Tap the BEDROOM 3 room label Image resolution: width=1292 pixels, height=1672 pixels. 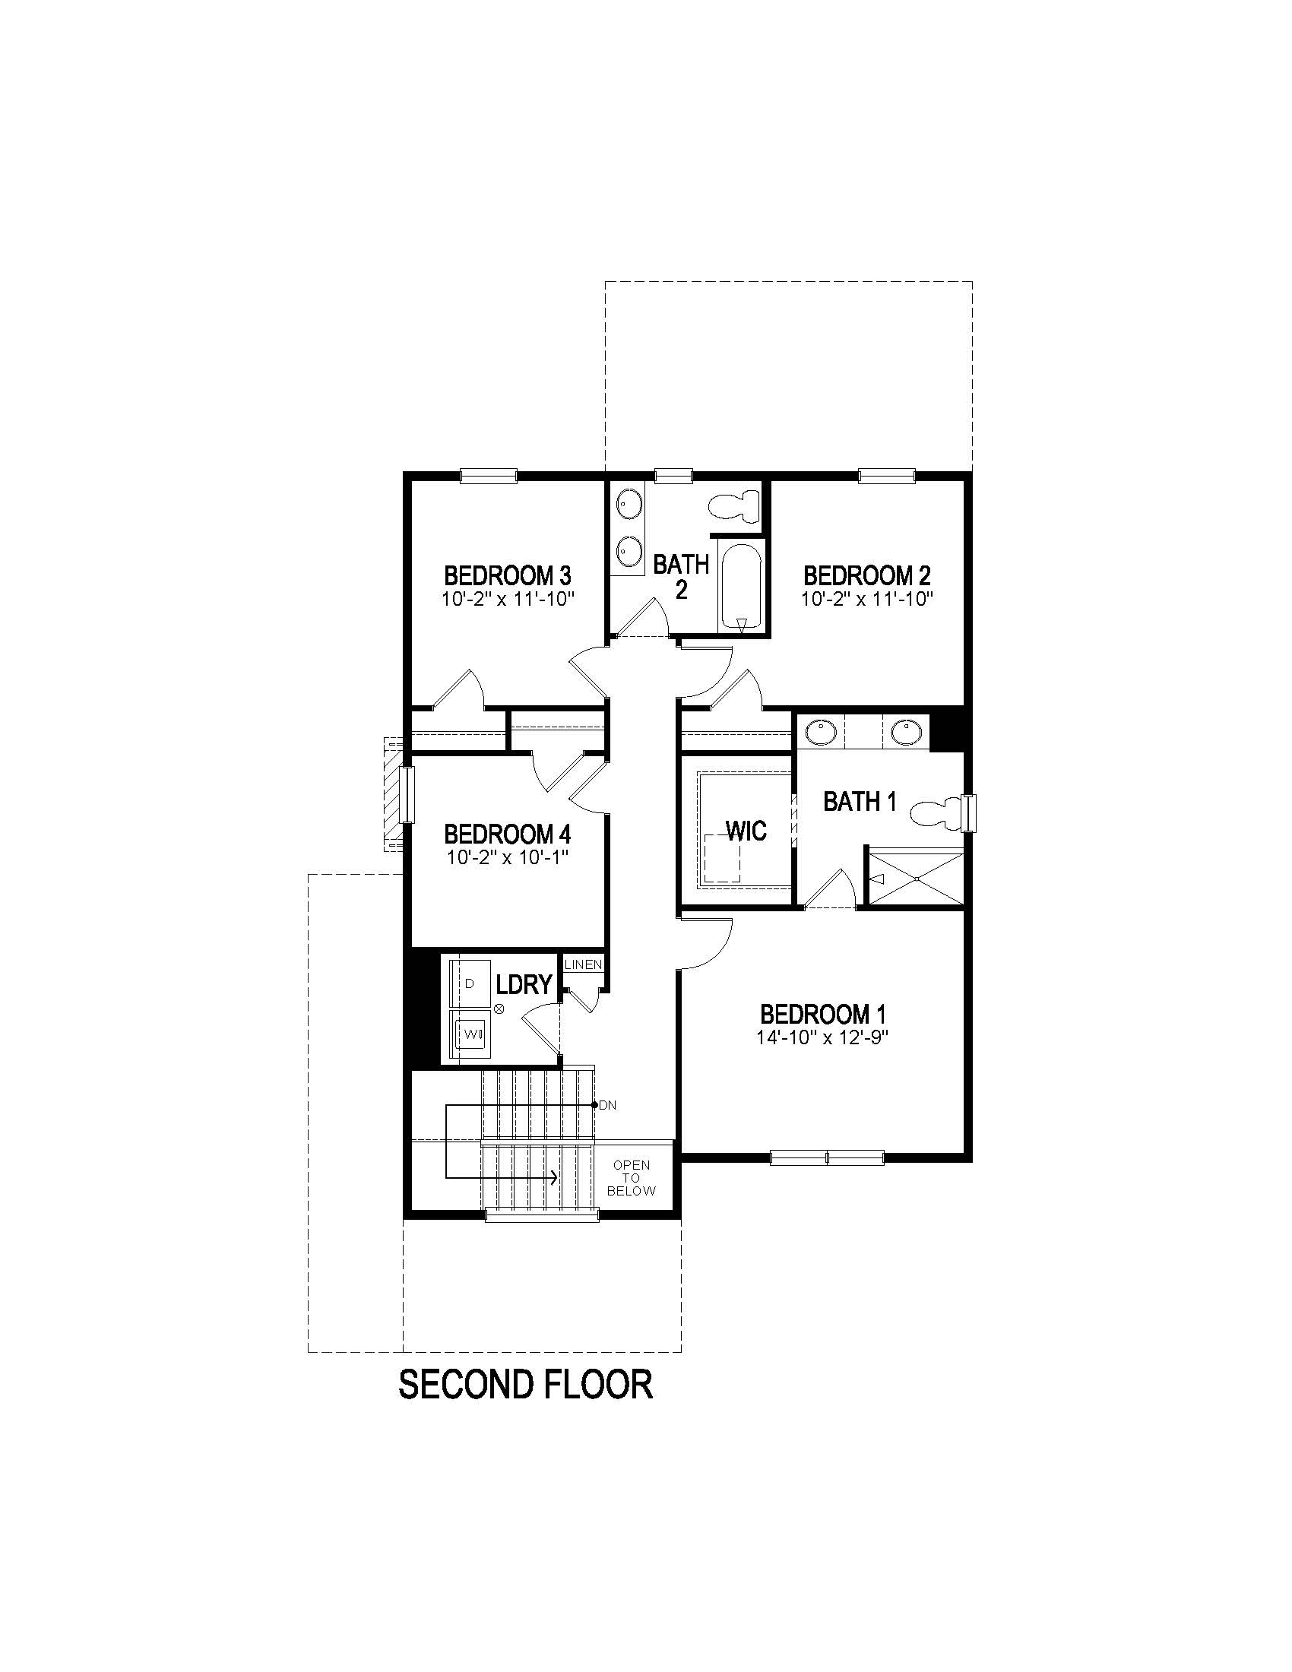click(x=508, y=575)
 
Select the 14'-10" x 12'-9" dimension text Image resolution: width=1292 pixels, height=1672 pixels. click(x=823, y=1037)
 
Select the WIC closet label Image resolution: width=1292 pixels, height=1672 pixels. click(x=746, y=831)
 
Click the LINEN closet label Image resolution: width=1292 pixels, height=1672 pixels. click(x=583, y=964)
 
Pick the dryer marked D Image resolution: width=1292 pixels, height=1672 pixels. click(x=469, y=983)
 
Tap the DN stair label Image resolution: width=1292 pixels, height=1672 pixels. click(x=608, y=1106)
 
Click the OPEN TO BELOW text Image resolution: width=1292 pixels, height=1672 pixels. click(x=632, y=1177)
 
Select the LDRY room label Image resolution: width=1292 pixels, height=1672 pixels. click(x=524, y=984)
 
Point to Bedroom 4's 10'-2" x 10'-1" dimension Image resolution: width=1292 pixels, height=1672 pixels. click(x=508, y=857)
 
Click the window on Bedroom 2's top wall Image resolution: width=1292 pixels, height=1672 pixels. click(x=886, y=477)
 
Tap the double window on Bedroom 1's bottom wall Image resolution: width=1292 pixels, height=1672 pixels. click(x=827, y=1157)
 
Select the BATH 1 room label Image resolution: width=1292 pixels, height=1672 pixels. click(x=860, y=802)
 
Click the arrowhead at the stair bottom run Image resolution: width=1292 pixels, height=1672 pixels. click(x=553, y=1177)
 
